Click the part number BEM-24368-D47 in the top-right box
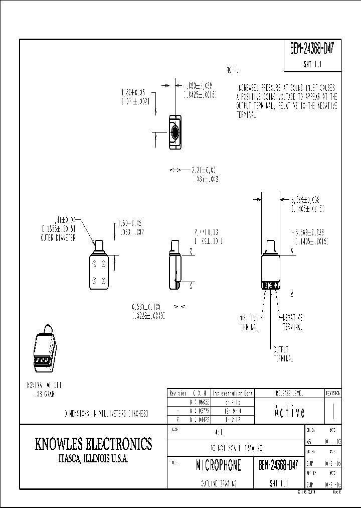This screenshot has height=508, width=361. [312, 50]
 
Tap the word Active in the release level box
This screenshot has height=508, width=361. [289, 412]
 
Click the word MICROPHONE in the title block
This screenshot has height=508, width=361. [218, 465]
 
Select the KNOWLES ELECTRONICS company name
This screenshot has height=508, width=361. [93, 444]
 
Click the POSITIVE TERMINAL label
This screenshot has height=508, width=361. [249, 322]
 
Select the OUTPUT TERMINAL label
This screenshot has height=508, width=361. [283, 354]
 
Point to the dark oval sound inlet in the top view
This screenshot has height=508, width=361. [174, 133]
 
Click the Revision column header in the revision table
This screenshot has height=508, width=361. [177, 393]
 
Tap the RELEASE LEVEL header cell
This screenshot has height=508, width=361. [289, 393]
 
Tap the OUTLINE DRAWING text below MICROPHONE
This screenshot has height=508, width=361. [218, 483]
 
